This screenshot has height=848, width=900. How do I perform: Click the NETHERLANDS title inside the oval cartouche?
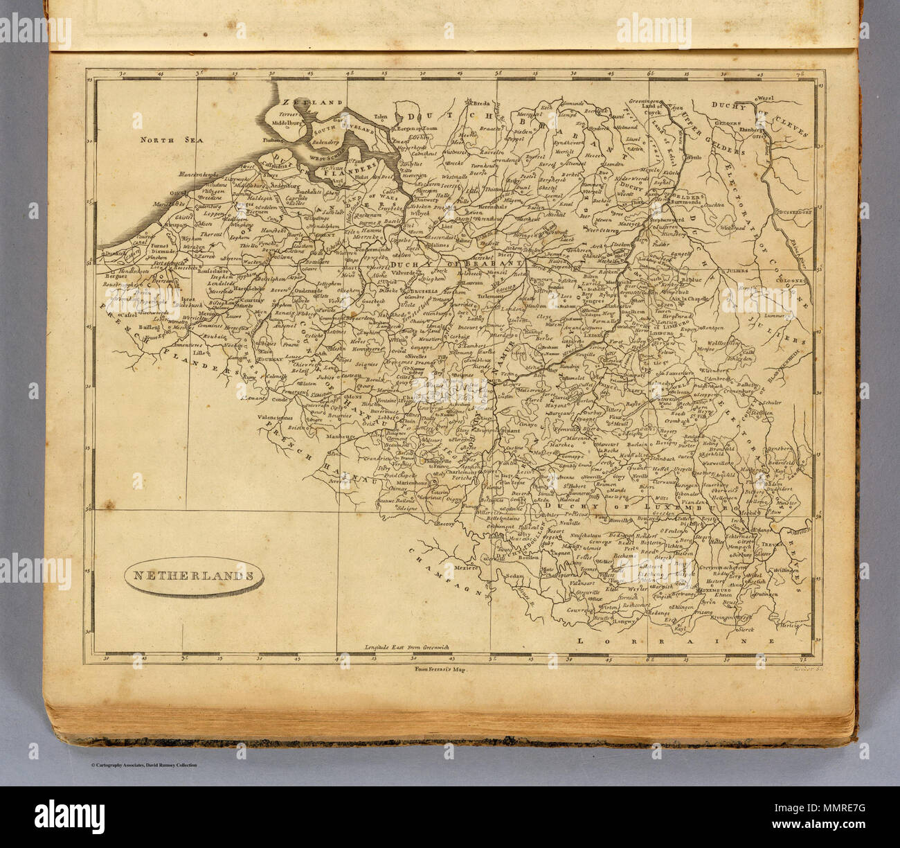click(188, 575)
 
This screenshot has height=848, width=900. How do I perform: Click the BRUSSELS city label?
click(415, 292)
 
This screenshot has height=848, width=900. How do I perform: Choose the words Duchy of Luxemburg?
click(609, 509)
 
